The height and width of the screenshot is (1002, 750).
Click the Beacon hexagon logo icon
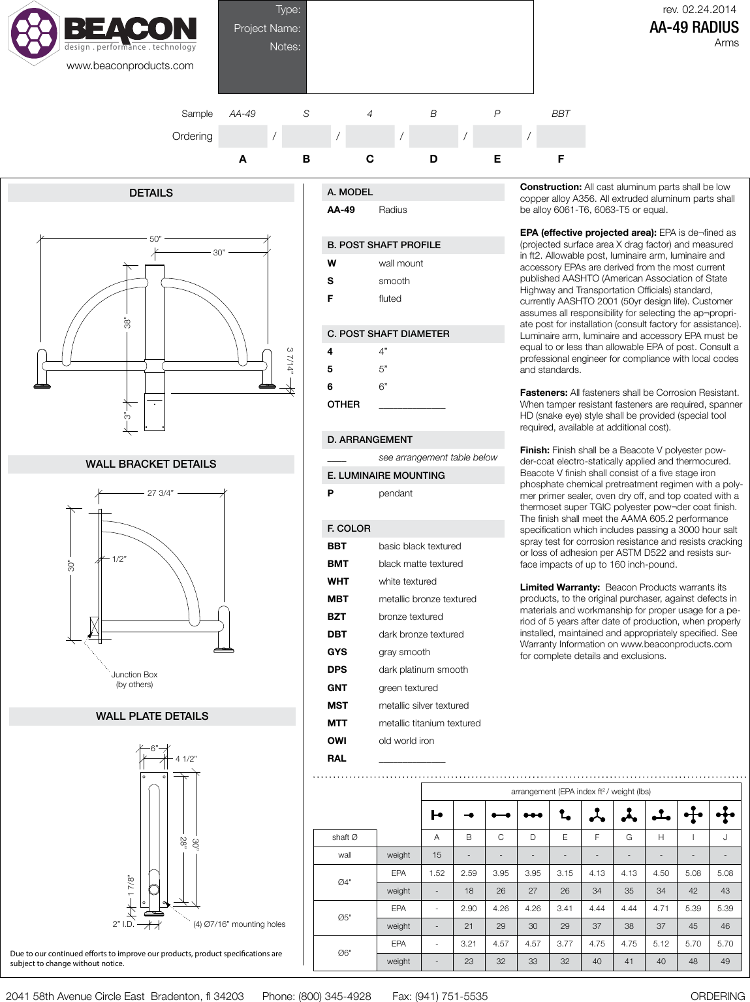click(33, 33)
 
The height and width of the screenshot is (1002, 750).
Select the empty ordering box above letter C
click(369, 136)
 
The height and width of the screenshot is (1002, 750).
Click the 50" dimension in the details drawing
click(155, 239)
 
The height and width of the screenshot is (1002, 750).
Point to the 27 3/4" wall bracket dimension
click(161, 493)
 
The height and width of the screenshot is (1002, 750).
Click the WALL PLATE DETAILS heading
click(152, 716)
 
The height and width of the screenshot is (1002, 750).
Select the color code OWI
click(337, 741)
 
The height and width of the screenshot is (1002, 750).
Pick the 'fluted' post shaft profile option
click(390, 299)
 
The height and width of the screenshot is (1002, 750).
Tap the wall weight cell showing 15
click(437, 855)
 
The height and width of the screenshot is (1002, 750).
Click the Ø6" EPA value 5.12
click(661, 943)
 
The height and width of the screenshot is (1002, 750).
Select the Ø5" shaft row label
click(345, 917)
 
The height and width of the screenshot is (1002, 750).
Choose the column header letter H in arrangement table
click(661, 837)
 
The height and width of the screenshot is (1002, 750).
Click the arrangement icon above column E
click(565, 815)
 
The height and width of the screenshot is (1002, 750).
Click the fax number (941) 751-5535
click(440, 996)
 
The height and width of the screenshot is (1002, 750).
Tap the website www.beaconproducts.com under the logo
click(130, 65)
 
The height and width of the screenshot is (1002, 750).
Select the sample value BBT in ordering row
click(560, 114)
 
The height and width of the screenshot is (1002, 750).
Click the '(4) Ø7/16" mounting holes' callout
click(239, 924)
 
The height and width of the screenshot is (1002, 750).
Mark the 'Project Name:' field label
click(267, 28)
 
